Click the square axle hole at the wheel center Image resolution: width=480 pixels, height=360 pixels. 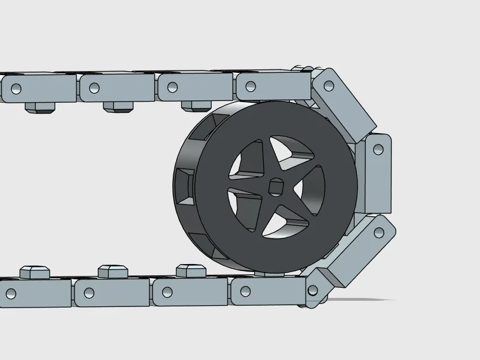point(276,186)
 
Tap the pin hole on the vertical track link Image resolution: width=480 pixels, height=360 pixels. point(378,150)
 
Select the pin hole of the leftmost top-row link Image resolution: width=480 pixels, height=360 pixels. point(16,89)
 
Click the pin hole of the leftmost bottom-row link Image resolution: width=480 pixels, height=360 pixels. point(11,293)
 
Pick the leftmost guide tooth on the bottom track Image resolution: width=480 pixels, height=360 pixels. point(35,272)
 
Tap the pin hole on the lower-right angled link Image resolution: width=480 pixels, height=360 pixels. point(379,232)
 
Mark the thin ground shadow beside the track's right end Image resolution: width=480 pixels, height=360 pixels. point(361,300)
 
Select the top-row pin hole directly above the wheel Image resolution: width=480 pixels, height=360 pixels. point(251,86)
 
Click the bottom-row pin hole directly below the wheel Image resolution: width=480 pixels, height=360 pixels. point(245,291)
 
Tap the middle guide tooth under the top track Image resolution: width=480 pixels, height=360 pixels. point(117,107)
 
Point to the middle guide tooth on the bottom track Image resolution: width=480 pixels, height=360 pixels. point(112,271)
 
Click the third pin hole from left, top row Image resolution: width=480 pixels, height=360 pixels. point(172,87)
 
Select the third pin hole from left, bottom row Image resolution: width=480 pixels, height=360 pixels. point(167,292)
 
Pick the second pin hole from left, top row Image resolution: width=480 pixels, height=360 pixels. point(94,88)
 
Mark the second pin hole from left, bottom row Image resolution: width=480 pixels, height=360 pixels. point(89,293)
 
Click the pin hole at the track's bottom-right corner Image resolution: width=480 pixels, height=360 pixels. point(312,291)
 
